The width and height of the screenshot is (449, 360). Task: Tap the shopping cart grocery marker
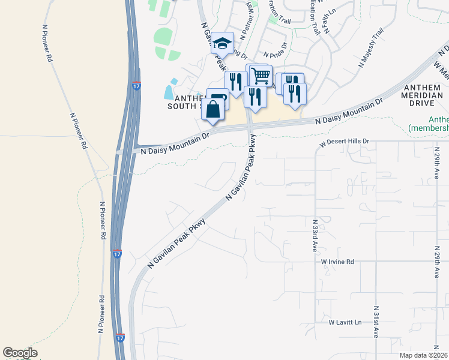(x=261, y=76)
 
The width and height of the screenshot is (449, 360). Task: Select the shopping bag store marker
(x=213, y=110)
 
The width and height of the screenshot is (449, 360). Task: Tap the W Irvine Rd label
(x=337, y=262)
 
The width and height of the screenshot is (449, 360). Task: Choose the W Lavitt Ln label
(x=345, y=322)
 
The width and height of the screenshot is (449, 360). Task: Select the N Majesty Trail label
(x=370, y=47)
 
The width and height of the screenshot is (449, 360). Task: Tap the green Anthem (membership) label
(x=429, y=124)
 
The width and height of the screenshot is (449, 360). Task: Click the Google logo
(x=20, y=353)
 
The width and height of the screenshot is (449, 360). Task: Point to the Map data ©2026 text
(x=423, y=355)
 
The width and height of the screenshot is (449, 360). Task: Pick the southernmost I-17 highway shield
(x=121, y=338)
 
